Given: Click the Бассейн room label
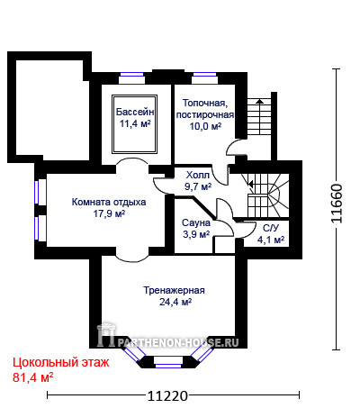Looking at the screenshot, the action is coord(135,112).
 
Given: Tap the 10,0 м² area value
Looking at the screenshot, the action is coord(205,126).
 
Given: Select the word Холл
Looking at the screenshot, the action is coord(198,175).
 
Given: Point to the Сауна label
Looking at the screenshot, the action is coord(196,222).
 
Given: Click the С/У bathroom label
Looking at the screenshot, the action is coord(271,228).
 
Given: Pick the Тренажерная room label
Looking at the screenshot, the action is coord(174,290).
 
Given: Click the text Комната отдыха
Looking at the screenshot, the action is coord(109,202).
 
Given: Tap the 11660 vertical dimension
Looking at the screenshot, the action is coord(337,204).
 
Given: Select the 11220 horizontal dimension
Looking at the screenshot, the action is coord(167,396).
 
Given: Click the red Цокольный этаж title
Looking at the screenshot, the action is coord(61,363).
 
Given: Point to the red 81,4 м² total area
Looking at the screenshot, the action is coord(33,377).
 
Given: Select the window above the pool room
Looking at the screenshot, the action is coord(132,77).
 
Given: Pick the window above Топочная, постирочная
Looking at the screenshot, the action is coord(204,77).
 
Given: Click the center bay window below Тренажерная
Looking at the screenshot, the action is coord(168,361).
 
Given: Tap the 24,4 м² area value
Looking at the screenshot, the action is coord(175,302).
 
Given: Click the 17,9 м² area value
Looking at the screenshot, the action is coord(109,213).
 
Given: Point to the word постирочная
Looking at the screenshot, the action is coord(205,115).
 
